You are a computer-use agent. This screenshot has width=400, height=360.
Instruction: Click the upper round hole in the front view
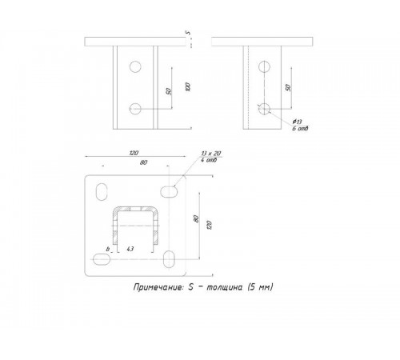pyautogui.click(x=136, y=65)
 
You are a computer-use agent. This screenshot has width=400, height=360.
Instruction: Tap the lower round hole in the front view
pyautogui.click(x=136, y=106)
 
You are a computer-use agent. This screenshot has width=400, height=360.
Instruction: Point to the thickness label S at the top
pyautogui.click(x=186, y=34)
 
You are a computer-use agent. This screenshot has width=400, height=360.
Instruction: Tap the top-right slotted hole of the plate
pyautogui.click(x=170, y=190)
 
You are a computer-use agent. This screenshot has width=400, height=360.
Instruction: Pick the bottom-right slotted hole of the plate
pyautogui.click(x=170, y=258)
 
